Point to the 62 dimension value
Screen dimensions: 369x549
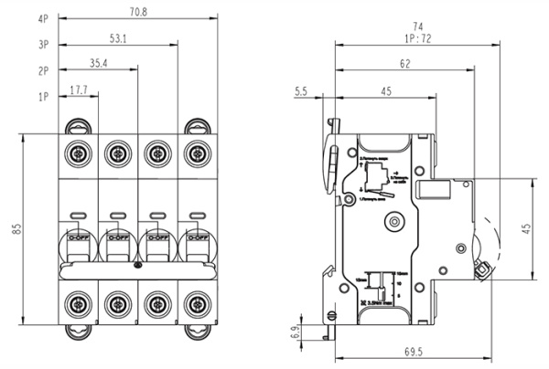click(404, 64)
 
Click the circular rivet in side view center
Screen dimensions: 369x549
click(394, 220)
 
